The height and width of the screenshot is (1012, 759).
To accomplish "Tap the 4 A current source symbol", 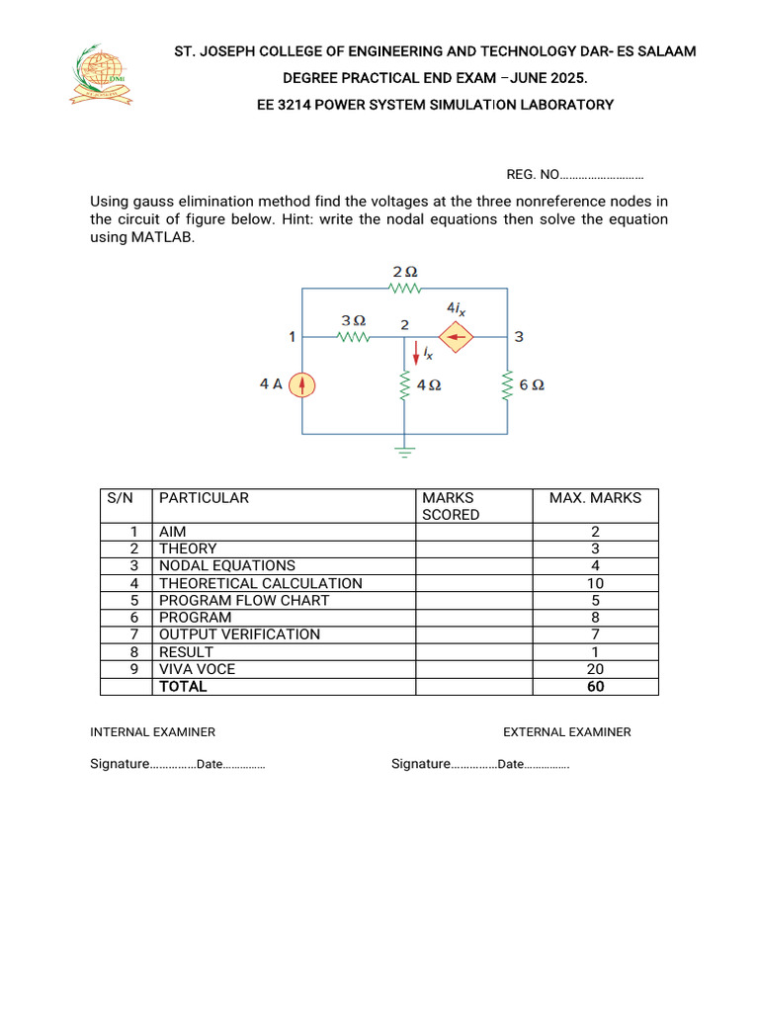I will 302,384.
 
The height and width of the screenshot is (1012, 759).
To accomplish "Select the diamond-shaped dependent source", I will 456,338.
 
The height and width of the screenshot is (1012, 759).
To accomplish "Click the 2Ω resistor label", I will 404,271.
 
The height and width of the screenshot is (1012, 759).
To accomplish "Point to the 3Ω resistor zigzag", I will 353,338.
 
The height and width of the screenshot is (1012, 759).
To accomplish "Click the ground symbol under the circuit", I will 404,451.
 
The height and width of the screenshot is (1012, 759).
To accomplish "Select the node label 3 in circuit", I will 519,338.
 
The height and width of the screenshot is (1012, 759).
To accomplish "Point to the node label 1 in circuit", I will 293,337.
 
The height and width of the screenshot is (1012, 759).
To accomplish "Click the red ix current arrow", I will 416,353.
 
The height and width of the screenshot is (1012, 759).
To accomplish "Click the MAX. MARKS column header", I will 595,498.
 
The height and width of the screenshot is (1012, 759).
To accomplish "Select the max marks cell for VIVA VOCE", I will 595,669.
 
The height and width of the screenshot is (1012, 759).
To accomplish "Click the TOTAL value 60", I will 595,686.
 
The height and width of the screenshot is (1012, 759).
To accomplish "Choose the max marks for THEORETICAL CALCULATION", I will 595,583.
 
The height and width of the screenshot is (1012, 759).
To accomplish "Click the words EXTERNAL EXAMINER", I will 566,732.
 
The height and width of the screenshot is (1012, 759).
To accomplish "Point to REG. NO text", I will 533,175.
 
